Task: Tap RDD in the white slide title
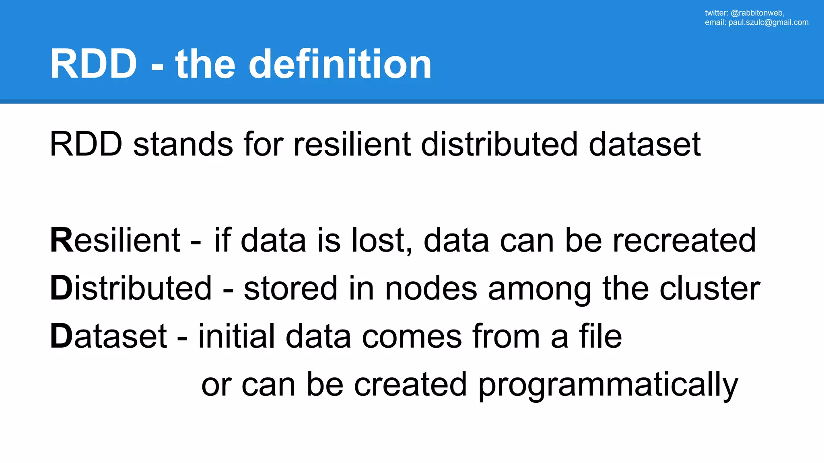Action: (x=93, y=64)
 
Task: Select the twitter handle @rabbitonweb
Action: (x=757, y=13)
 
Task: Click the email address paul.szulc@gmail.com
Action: (x=768, y=23)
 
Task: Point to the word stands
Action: (x=183, y=144)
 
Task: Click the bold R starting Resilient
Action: (x=61, y=240)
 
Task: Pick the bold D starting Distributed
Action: (x=61, y=288)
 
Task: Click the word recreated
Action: (x=684, y=240)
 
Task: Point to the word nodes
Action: (x=431, y=288)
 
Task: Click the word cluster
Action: (x=710, y=288)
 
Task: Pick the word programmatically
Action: (x=608, y=385)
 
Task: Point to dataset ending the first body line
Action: (x=645, y=144)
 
